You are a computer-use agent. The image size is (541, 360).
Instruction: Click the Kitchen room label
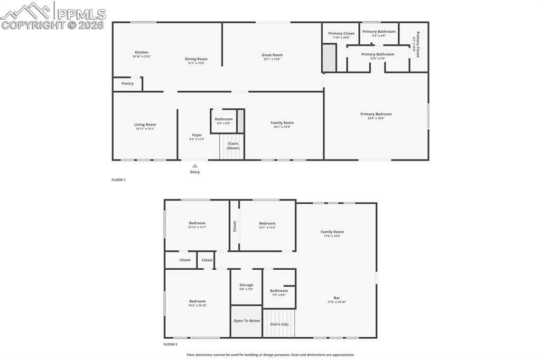click(142, 52)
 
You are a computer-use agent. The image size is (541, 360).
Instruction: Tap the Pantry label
click(127, 83)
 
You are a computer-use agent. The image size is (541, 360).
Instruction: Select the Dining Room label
click(196, 59)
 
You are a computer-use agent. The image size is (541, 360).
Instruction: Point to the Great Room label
click(272, 55)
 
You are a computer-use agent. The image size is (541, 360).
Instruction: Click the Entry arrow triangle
click(195, 166)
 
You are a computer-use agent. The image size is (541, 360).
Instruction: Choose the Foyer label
click(197, 135)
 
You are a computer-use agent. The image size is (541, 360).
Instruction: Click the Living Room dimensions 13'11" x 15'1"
click(145, 129)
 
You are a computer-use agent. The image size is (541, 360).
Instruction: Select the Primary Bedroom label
click(376, 114)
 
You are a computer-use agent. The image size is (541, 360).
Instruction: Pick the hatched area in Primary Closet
click(329, 58)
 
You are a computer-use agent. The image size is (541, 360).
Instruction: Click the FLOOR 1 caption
click(118, 180)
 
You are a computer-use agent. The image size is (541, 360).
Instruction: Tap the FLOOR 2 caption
click(170, 344)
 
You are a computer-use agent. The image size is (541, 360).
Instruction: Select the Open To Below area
click(247, 321)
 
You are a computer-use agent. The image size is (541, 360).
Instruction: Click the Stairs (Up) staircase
click(279, 324)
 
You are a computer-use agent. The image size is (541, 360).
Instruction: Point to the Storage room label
click(246, 285)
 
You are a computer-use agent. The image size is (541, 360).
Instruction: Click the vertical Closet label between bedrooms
click(235, 226)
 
